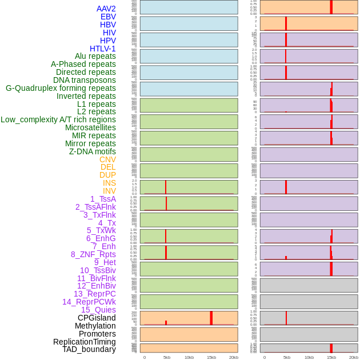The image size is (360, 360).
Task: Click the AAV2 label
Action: [106, 9]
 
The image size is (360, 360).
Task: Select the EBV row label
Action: [108, 17]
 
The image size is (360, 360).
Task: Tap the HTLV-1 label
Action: [103, 49]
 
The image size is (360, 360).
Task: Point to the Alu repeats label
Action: [95, 56]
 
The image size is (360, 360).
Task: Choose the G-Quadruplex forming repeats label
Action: [61, 88]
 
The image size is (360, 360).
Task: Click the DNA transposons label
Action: [85, 80]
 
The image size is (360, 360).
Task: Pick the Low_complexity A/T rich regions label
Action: [58, 119]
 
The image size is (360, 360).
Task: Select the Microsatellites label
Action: [90, 127]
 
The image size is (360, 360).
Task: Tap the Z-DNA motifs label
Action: [93, 151]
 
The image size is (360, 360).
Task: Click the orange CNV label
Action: [107, 159]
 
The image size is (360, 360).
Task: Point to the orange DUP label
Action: [107, 175]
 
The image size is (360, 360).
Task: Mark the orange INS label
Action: [109, 183]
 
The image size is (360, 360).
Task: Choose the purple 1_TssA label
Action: [103, 199]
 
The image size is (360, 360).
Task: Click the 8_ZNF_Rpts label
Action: [93, 254]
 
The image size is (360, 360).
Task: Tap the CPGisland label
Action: [97, 318]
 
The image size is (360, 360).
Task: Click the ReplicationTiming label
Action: [84, 342]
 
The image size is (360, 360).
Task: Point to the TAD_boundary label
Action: [89, 349]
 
